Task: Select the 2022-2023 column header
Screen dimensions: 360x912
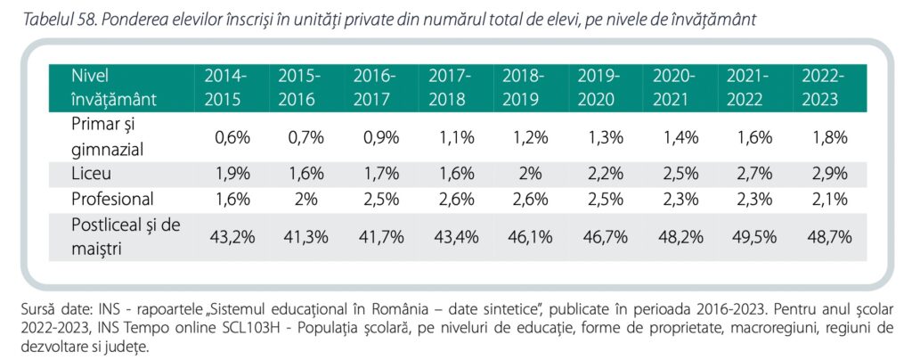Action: [x=823, y=87]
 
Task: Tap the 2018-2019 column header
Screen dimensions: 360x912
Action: [x=524, y=87]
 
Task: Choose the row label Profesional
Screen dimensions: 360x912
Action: [x=112, y=198]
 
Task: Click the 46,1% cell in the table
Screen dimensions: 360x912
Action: [x=524, y=236]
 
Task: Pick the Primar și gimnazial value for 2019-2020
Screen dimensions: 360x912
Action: [x=598, y=137]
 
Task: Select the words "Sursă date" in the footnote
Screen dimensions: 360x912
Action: [x=50, y=309]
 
